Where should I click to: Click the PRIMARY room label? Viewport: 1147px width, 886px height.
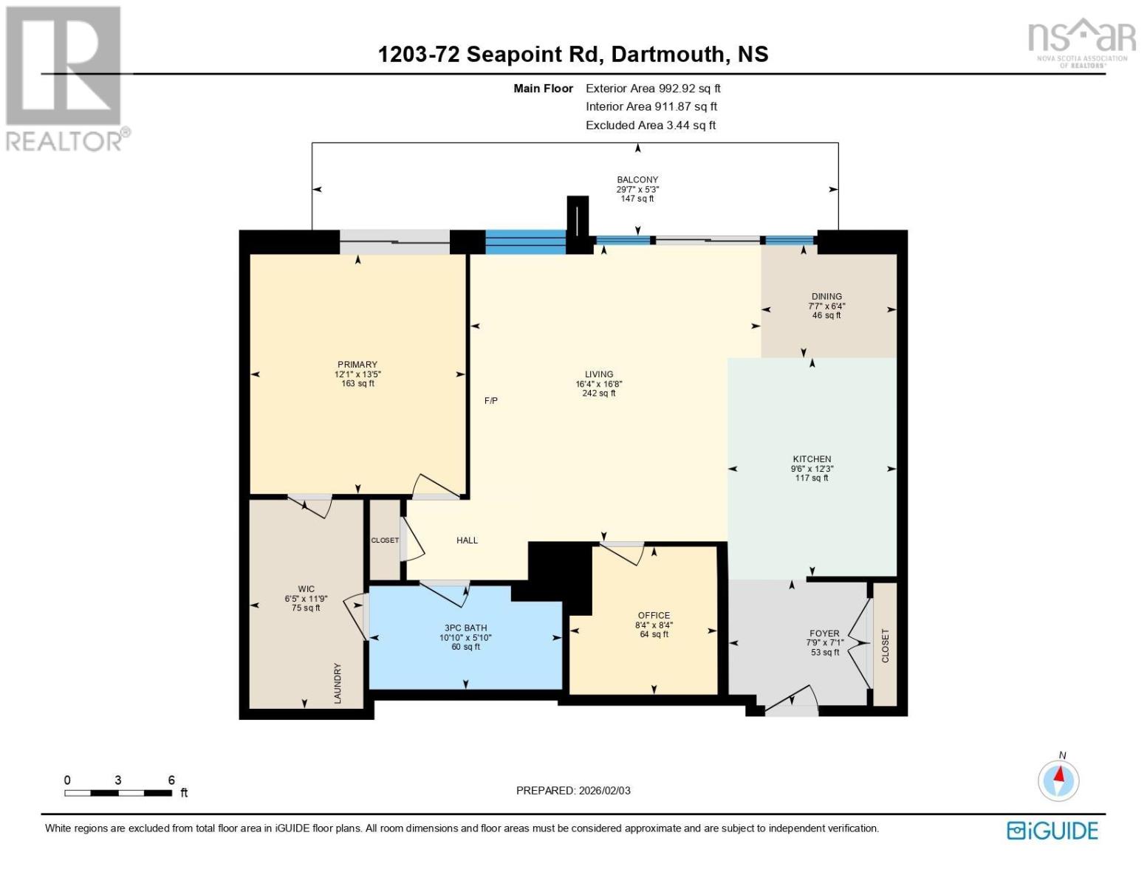tap(357, 365)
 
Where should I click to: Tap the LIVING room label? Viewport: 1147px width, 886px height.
tap(599, 374)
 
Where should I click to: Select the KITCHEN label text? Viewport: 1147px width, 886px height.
tap(812, 459)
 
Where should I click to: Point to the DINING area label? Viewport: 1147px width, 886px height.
tap(826, 297)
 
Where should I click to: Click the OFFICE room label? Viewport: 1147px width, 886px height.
tap(654, 616)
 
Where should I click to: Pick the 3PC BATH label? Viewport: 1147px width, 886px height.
tap(465, 628)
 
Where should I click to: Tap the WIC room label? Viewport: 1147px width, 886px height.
tap(306, 589)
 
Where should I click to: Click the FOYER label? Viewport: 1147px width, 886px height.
tap(824, 633)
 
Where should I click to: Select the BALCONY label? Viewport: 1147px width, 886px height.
tap(637, 179)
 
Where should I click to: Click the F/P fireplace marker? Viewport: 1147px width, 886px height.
tap(491, 401)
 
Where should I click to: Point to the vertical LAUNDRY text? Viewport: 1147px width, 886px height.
tap(338, 683)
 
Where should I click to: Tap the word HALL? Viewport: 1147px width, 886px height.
tap(467, 540)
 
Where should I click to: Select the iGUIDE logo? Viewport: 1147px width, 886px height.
tap(1052, 831)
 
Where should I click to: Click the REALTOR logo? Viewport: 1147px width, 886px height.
tap(65, 78)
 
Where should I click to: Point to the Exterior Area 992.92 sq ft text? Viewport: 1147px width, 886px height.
tap(653, 89)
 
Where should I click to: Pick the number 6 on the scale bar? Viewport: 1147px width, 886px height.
tap(171, 780)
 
